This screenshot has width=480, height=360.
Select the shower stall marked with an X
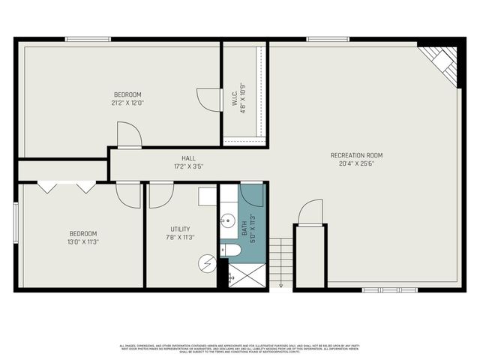coord(247,274)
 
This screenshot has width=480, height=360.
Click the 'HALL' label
coord(188,158)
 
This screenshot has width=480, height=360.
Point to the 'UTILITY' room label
coord(180,229)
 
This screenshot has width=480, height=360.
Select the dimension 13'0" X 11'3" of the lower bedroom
coord(83,241)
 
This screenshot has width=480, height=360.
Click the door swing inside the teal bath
coord(253,193)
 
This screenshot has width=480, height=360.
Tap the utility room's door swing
coord(161,194)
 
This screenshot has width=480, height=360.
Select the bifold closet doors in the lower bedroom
coord(67,187)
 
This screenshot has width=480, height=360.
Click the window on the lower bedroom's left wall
coord(16,222)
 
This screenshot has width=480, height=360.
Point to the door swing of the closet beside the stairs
coord(310,212)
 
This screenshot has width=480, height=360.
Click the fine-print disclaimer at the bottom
coord(239,349)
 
